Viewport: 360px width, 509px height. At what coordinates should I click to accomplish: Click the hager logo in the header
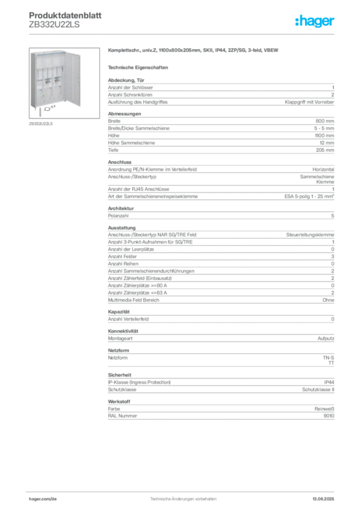(315, 21)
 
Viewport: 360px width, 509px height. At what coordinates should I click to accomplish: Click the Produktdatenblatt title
(65, 15)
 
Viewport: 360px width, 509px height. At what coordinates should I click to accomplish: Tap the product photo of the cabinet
(64, 83)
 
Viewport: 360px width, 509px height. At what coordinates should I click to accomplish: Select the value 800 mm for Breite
(325, 121)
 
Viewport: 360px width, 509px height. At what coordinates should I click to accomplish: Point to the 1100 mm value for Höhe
(324, 136)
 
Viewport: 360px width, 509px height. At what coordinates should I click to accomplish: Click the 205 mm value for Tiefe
(325, 150)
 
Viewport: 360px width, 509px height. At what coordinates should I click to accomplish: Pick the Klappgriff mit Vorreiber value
(309, 102)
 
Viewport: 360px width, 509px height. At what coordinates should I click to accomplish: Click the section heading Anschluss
(120, 162)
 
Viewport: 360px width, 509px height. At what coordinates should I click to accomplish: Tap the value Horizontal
(323, 170)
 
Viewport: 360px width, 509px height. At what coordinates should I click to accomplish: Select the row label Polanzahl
(118, 216)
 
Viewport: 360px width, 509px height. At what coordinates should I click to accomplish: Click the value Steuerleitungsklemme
(310, 235)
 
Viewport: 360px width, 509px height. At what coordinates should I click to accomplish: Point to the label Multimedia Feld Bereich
(133, 300)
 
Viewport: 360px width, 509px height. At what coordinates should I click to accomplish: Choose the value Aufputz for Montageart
(326, 339)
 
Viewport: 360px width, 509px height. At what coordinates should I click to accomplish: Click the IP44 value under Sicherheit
(329, 382)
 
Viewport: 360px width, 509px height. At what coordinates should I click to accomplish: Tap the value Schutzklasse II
(318, 390)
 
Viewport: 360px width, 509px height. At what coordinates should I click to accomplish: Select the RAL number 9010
(329, 416)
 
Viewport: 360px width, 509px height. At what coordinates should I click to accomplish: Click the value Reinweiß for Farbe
(324, 409)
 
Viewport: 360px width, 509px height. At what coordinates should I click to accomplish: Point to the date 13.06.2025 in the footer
(323, 499)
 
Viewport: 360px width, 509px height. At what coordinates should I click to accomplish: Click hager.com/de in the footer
(43, 499)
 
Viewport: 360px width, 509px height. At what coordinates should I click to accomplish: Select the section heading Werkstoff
(119, 402)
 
